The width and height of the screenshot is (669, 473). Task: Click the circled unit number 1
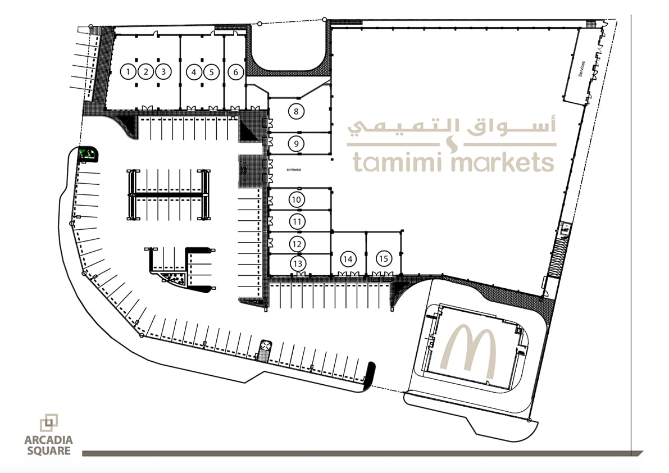(x=128, y=71)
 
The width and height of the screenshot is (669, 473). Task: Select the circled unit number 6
(x=235, y=72)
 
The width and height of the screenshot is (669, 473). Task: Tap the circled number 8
(x=296, y=112)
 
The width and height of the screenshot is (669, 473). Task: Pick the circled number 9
(x=296, y=144)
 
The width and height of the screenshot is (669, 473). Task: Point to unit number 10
(x=296, y=199)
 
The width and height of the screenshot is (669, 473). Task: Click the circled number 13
(x=298, y=263)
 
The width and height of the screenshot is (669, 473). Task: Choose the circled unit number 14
(x=348, y=259)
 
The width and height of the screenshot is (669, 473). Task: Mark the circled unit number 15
(x=384, y=258)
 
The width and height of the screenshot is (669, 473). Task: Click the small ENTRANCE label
(x=294, y=170)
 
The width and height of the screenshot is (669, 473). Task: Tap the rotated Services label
(x=581, y=69)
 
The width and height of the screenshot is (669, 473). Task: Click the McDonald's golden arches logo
(x=468, y=352)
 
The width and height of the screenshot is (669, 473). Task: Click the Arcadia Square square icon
(x=49, y=422)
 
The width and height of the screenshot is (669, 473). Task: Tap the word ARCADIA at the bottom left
(x=49, y=440)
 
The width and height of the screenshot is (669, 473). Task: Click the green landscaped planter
(x=88, y=154)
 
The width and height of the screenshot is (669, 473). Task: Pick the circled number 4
(x=194, y=72)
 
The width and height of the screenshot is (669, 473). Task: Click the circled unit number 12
(x=297, y=244)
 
